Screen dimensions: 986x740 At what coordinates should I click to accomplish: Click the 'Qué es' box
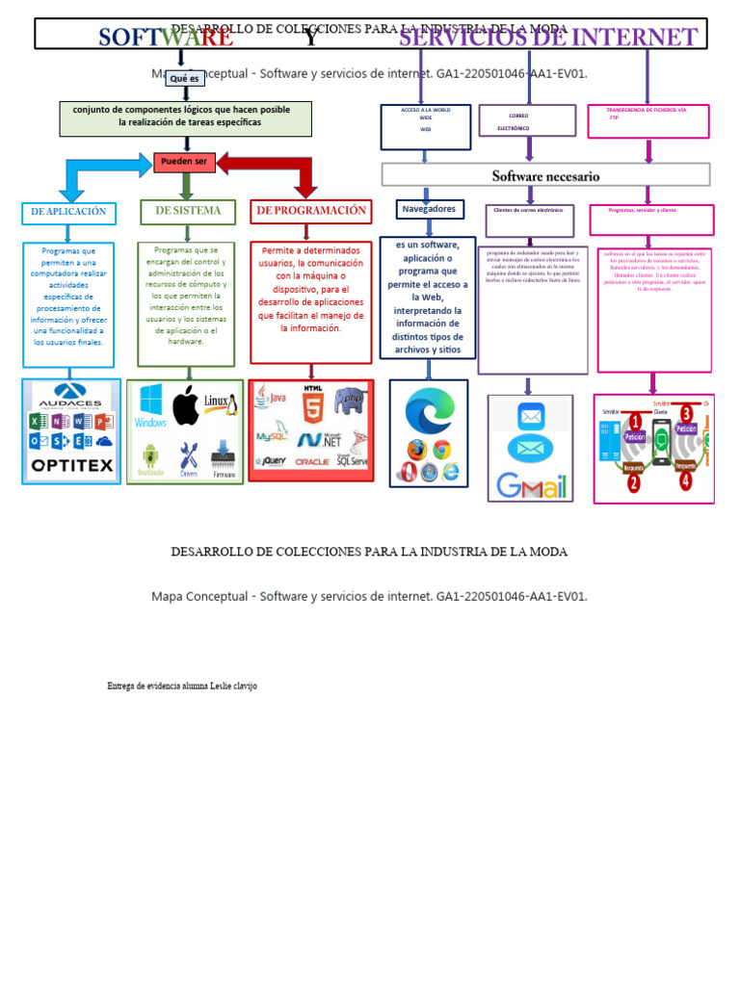pyautogui.click(x=184, y=79)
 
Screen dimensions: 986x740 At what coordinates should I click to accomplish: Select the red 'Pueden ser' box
pyautogui.click(x=184, y=162)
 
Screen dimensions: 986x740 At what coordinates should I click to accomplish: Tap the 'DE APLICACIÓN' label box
pyautogui.click(x=68, y=213)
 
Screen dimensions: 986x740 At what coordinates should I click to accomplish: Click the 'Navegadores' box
pyautogui.click(x=429, y=209)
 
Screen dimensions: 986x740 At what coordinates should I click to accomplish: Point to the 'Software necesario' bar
pyautogui.click(x=545, y=175)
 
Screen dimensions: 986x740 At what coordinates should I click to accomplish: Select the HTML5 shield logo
pyautogui.click(x=313, y=405)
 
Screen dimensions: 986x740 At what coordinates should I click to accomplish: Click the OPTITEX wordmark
pyautogui.click(x=72, y=466)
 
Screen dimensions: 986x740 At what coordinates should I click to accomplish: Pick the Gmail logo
pyautogui.click(x=530, y=485)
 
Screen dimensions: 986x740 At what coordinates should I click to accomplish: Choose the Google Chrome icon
pyautogui.click(x=442, y=450)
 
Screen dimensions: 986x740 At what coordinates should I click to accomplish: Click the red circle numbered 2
pyautogui.click(x=634, y=482)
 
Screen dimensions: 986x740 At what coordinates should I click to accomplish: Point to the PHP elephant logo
pyautogui.click(x=350, y=402)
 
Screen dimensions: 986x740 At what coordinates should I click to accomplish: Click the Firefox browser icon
pyautogui.click(x=416, y=450)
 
